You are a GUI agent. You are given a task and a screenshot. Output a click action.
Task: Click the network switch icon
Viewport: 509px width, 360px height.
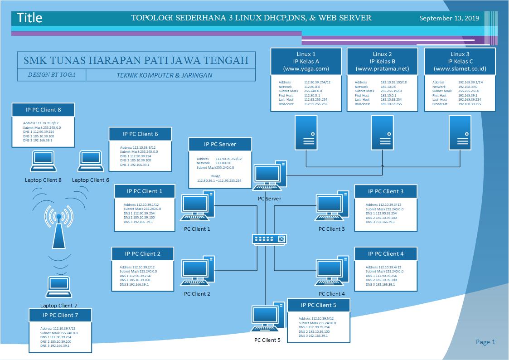tap(269, 239)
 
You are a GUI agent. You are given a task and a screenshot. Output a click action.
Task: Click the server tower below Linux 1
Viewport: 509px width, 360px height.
tap(306, 132)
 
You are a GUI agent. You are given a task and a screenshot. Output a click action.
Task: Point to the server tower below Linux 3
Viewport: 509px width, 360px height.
tap(460, 132)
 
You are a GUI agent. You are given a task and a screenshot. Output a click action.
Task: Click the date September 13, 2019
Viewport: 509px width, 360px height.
tap(449, 19)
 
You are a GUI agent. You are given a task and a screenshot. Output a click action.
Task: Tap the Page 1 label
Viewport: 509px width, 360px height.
tap(485, 342)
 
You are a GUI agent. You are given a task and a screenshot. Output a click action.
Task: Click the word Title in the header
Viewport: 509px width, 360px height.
tap(29, 18)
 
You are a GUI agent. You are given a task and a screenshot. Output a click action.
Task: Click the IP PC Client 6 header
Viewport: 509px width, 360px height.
tap(141, 134)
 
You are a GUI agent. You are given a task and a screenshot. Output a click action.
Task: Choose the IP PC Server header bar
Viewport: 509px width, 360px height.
tap(220, 145)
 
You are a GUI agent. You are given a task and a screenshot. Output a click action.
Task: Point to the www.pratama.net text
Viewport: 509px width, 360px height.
tap(383, 69)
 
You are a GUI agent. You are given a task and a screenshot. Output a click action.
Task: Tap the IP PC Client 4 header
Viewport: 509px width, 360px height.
tap(386, 253)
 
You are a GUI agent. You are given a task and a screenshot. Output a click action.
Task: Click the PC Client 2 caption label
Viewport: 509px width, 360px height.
tap(197, 294)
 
